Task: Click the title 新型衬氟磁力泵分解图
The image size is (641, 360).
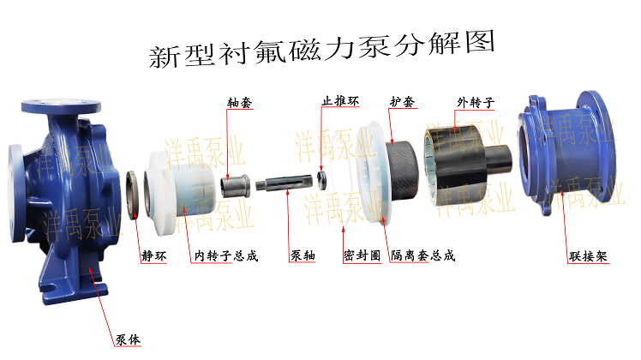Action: pos(321,49)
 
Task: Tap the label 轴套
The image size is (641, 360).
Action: pos(240,102)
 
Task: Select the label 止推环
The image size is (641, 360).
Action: pos(340,100)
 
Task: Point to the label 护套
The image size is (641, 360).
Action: pos(402,101)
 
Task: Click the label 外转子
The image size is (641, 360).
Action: pos(476,102)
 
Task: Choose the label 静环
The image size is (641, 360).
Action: pos(154,256)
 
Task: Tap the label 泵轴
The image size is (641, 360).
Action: pos(303,255)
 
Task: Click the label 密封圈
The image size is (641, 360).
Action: pos(362,255)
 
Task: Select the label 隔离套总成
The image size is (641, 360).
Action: pos(422,255)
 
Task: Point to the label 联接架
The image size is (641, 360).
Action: pos(588,256)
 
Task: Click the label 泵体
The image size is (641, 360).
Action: pos(128,339)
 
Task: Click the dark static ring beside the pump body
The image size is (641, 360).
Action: pos(134,195)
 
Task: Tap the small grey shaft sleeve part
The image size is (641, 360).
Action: pos(235,186)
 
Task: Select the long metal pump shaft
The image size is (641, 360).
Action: pos(284,183)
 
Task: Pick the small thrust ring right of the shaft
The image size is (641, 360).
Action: pos(322,180)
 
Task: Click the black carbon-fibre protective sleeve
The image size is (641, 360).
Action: pos(403,171)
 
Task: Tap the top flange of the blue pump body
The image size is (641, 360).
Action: pos(61,106)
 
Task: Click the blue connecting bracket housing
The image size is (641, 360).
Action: pos(567,153)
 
